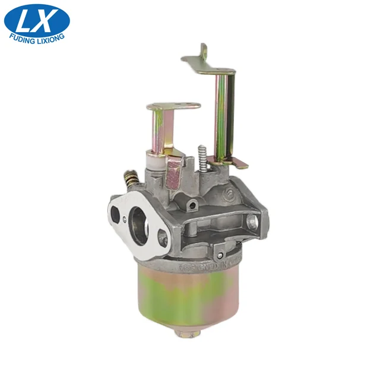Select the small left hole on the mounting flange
[x=115, y=211]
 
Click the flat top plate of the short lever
[x=173, y=107]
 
